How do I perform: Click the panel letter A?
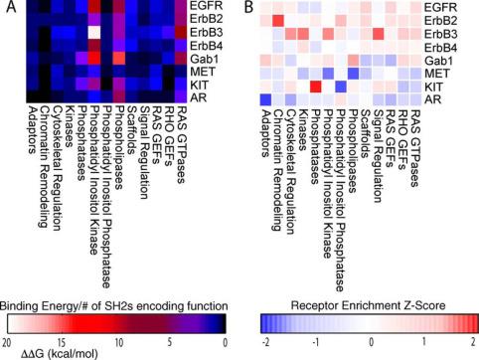point(11,6)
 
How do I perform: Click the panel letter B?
point(248,7)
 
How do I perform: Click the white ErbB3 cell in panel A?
point(94,33)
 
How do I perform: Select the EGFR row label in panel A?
point(207,6)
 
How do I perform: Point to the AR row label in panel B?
point(433,98)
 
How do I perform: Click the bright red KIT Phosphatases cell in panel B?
point(316,87)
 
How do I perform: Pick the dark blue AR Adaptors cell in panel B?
point(265,99)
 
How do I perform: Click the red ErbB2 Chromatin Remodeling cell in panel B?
point(278,21)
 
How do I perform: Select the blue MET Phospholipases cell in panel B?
point(354,73)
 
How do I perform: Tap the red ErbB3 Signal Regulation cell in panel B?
point(379,34)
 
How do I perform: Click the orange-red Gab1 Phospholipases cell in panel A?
point(119,59)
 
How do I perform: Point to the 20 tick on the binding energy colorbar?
point(7,342)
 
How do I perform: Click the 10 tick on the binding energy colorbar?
point(119,342)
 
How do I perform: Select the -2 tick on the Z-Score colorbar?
point(265,342)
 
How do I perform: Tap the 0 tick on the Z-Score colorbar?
point(372,342)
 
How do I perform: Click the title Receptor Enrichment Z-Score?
point(368,305)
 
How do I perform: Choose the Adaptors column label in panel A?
point(32,130)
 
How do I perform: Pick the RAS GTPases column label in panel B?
point(415,147)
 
